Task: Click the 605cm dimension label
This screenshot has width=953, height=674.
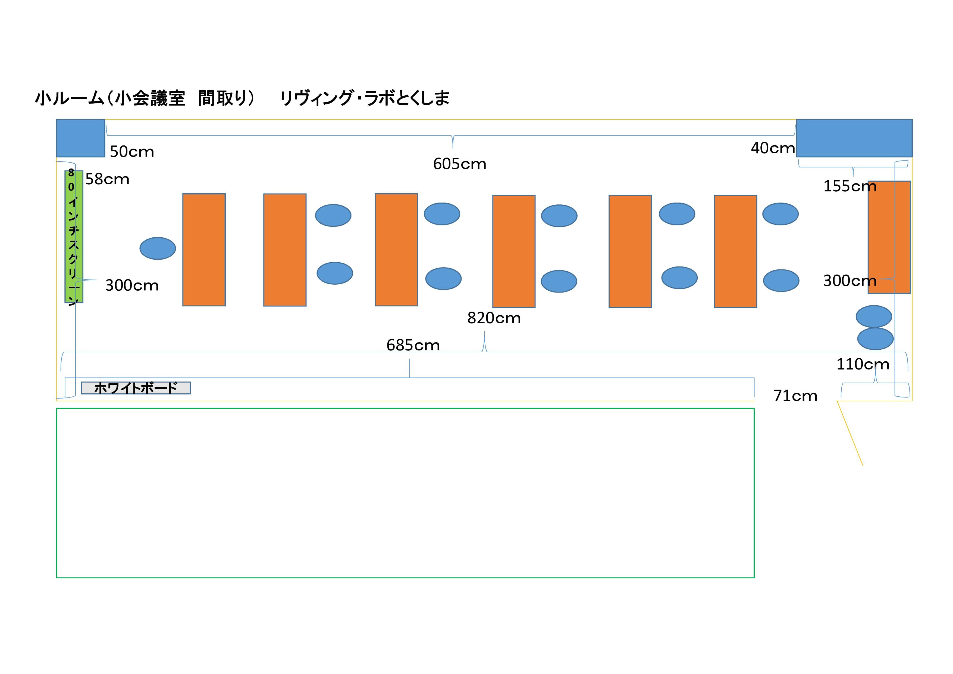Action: click(459, 164)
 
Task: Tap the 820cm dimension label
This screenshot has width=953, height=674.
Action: click(494, 318)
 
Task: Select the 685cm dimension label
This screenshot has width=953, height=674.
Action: click(413, 345)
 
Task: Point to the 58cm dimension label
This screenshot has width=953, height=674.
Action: click(107, 179)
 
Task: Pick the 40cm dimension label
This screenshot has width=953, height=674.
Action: click(772, 148)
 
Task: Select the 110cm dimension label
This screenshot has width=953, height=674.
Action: click(863, 364)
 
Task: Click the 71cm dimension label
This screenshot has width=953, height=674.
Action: click(795, 396)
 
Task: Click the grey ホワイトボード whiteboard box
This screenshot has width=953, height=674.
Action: click(136, 388)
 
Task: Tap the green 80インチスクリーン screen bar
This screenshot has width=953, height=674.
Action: click(74, 237)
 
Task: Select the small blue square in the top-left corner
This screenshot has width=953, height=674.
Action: click(80, 138)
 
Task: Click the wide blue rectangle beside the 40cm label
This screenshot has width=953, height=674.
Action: click(854, 138)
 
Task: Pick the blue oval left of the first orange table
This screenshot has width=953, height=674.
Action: click(158, 248)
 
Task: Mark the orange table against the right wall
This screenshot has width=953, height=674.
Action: click(889, 237)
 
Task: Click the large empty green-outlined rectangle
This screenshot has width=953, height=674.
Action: click(405, 493)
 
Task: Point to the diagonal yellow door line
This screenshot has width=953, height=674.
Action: click(850, 433)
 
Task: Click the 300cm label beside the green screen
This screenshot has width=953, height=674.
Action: click(132, 285)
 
